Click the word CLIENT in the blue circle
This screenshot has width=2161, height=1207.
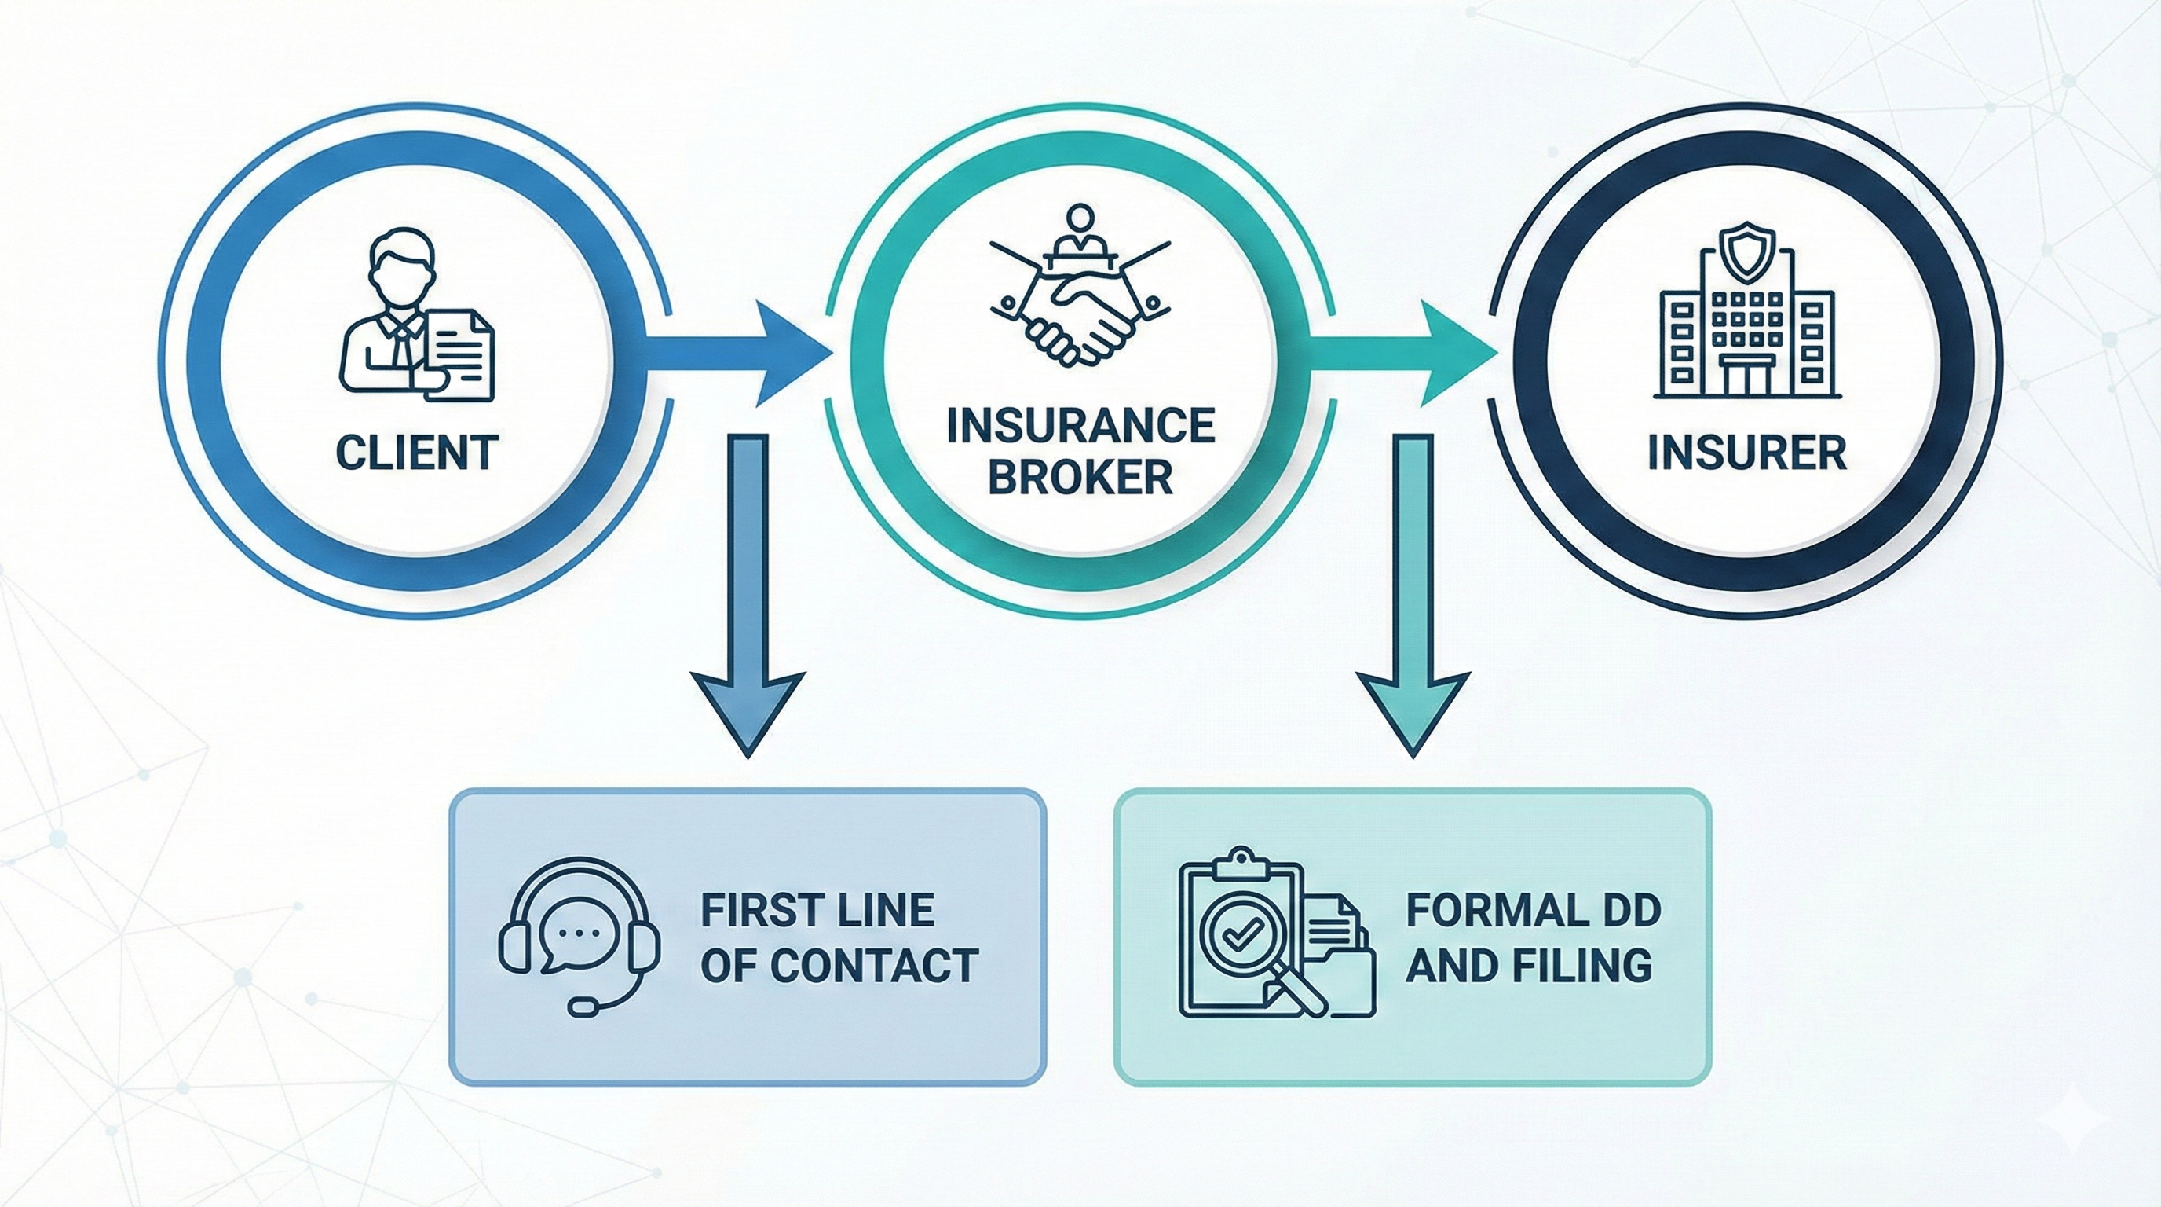(x=417, y=454)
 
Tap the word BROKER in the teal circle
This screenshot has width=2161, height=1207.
(x=1080, y=477)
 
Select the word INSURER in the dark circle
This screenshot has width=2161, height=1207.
(x=1746, y=454)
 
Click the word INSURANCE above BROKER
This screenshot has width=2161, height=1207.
(x=1080, y=426)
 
